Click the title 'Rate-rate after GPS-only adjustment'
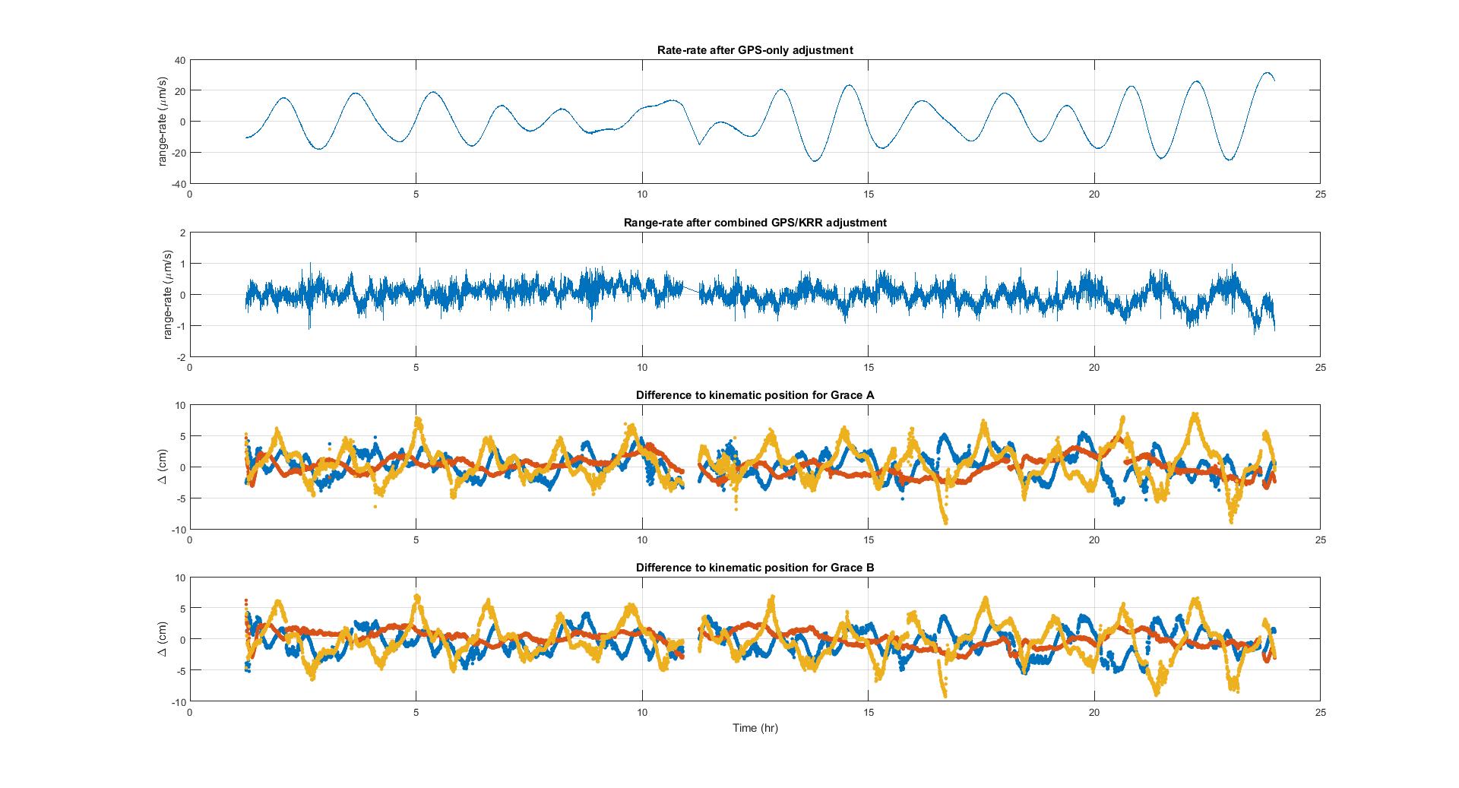755,50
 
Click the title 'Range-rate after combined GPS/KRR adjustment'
755,223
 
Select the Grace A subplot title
755,395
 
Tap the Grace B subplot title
755,568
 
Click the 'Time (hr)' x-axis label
755,728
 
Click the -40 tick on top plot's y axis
176,183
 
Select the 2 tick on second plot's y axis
181,233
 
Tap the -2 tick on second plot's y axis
179,356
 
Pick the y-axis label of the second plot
168,294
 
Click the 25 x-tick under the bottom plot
1320,712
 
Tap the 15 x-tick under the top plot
868,195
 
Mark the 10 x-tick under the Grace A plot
642,540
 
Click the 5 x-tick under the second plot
416,367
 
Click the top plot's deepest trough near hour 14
815,161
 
